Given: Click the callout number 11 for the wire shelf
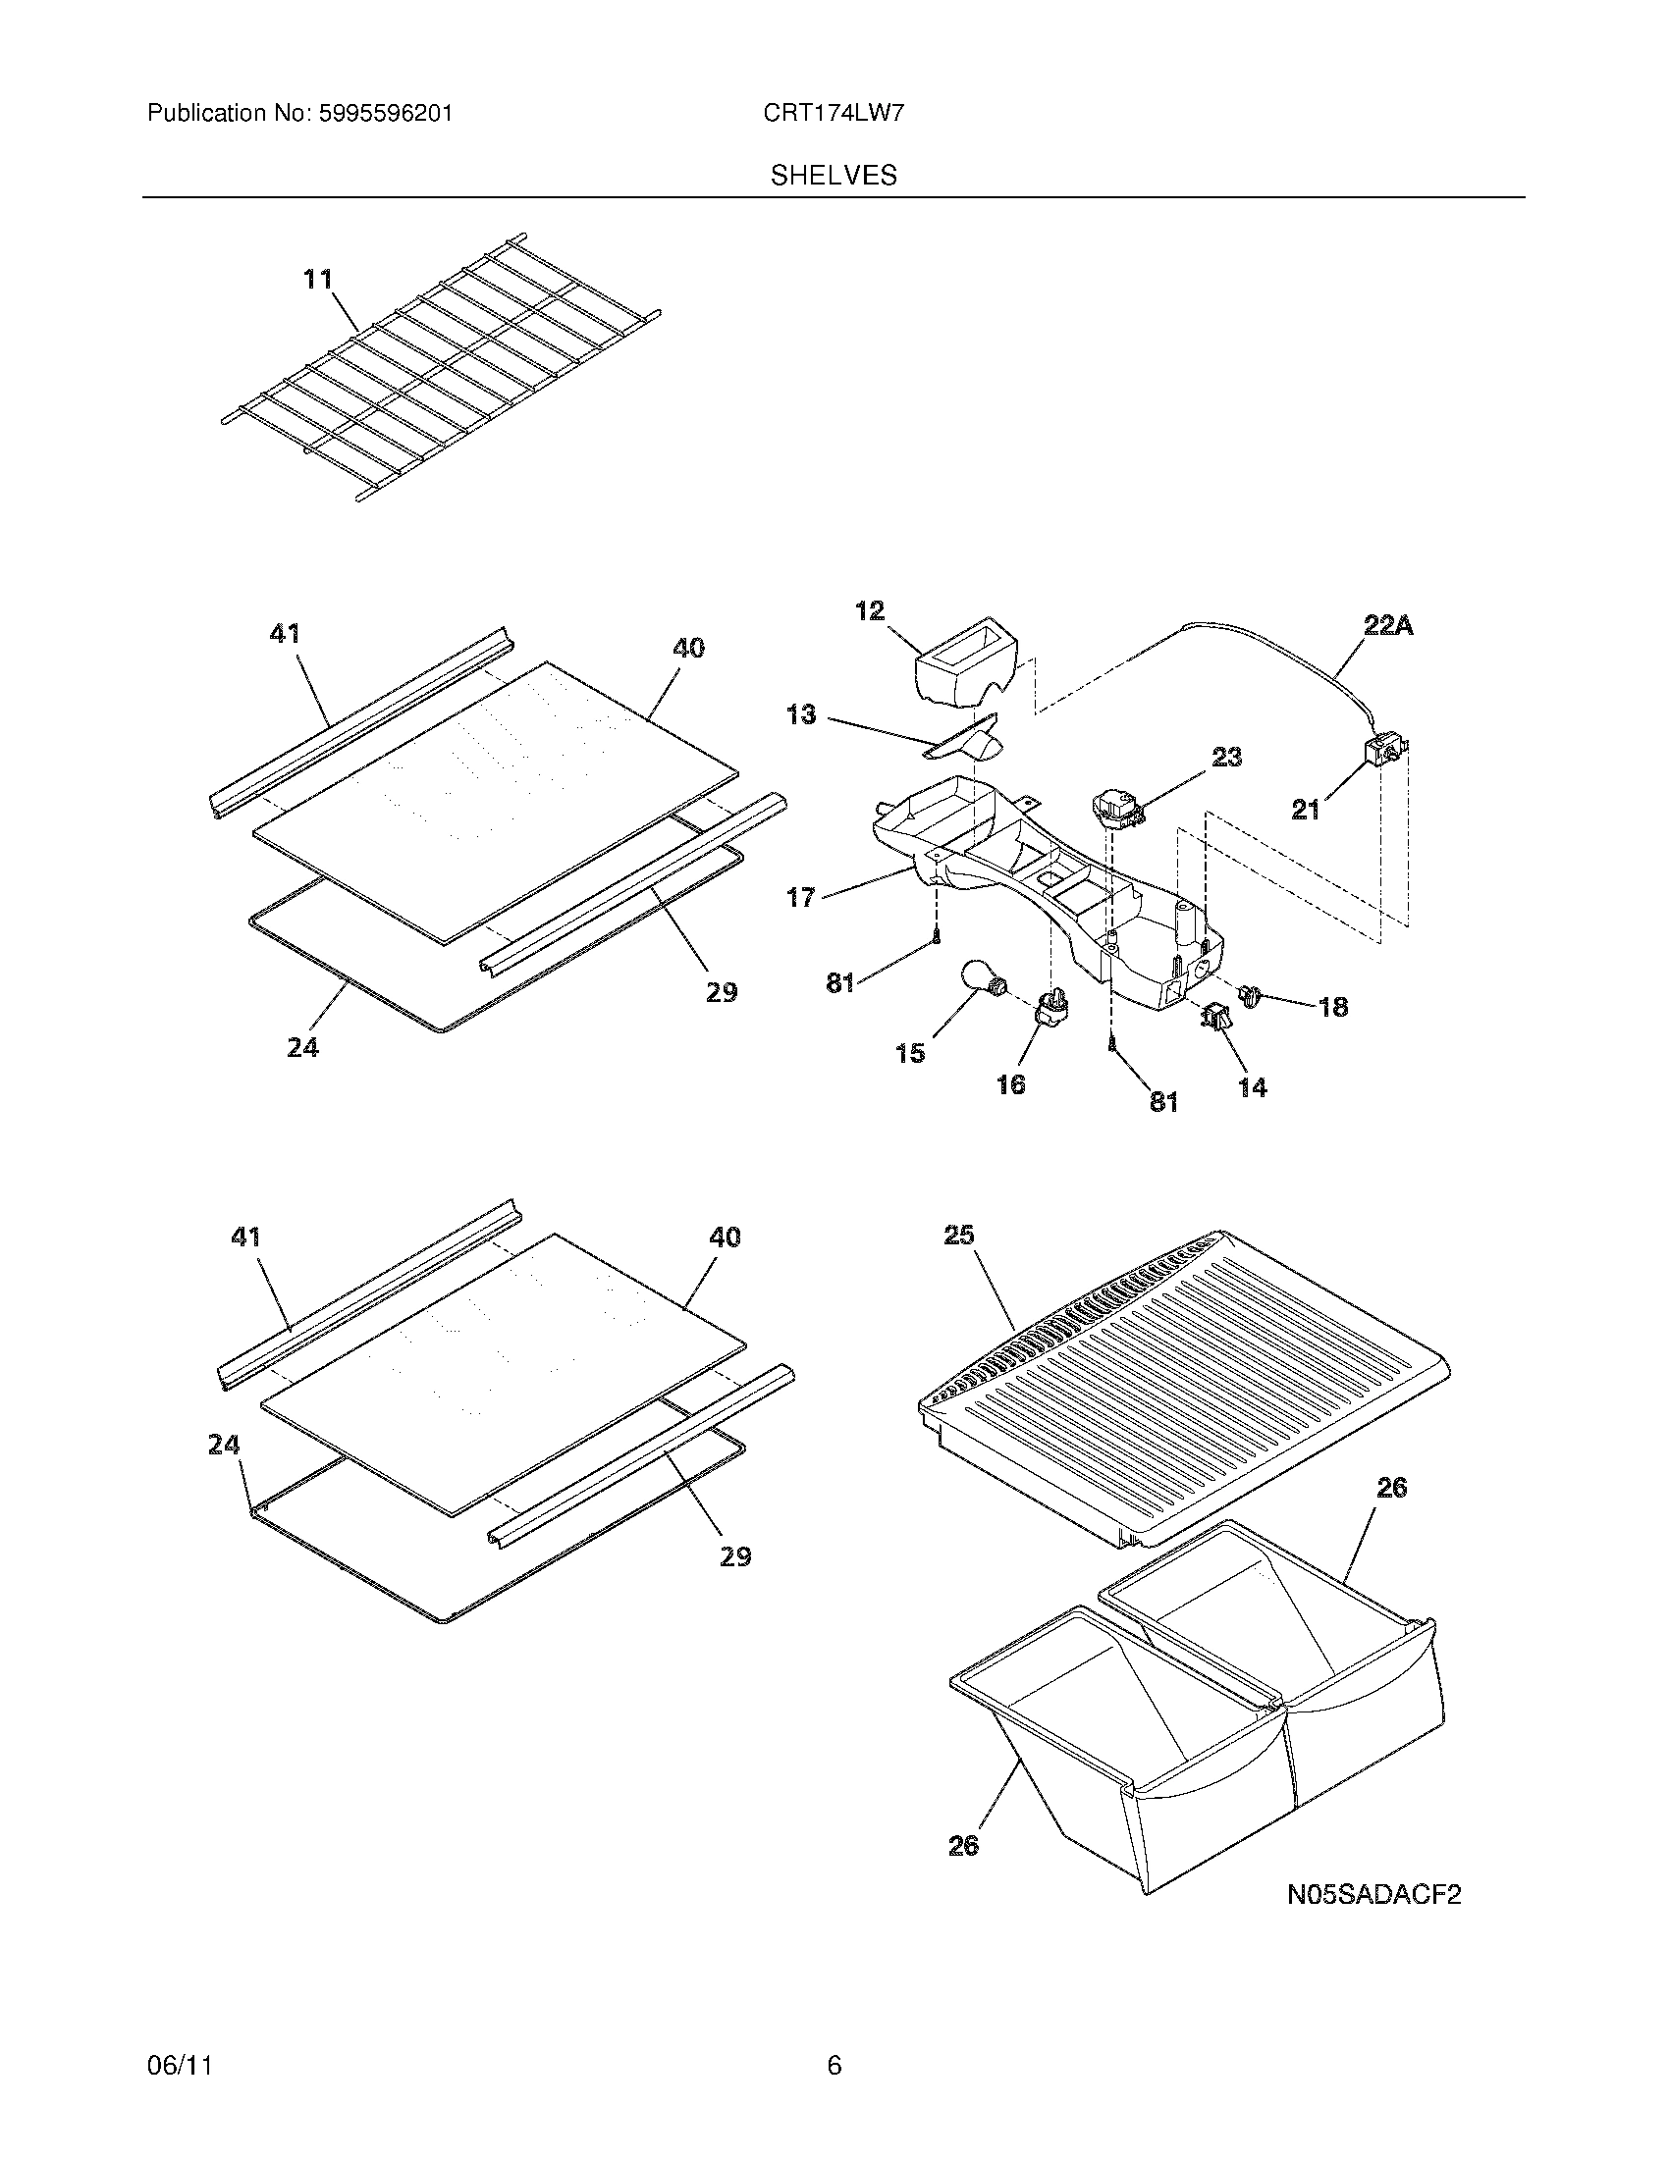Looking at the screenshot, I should pyautogui.click(x=317, y=280).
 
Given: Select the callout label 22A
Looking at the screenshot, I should pyautogui.click(x=1387, y=625).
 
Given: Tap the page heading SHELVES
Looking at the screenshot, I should pyautogui.click(x=834, y=176).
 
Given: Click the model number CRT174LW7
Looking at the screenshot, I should pyautogui.click(x=833, y=114).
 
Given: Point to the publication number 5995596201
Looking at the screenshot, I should pyautogui.click(x=386, y=114).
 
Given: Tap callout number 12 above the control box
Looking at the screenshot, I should pyautogui.click(x=870, y=611).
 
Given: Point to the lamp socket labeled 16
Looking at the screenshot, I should pyautogui.click(x=1050, y=1009).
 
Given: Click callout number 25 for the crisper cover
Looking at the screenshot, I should pyautogui.click(x=958, y=1235).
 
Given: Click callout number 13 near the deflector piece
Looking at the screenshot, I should pyautogui.click(x=801, y=713).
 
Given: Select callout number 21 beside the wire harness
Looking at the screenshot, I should pyautogui.click(x=1305, y=811).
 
